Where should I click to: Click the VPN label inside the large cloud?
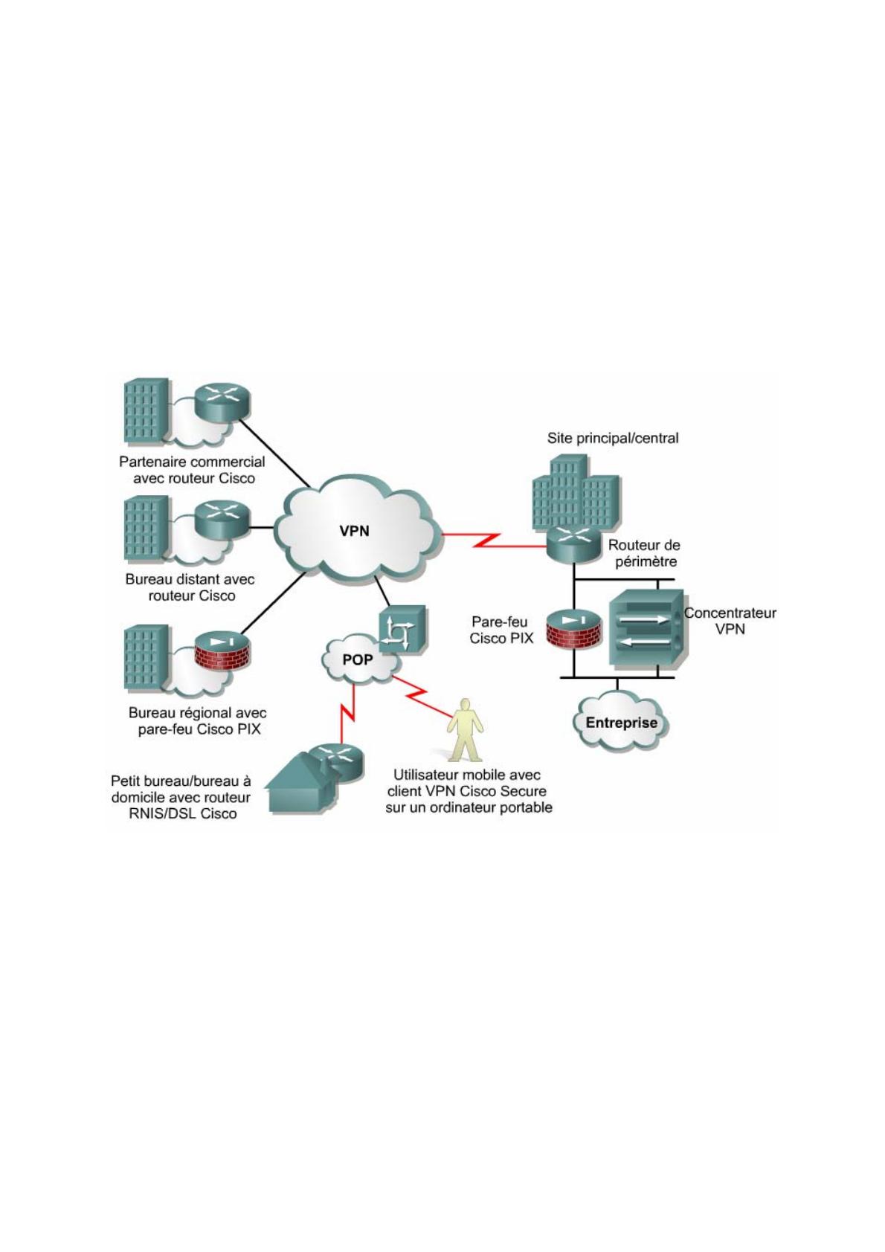coord(354,531)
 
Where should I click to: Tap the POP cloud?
coord(357,659)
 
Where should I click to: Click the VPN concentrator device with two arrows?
coord(645,628)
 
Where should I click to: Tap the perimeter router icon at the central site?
coord(573,543)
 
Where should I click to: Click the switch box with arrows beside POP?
coord(402,630)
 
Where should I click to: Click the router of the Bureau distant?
coord(222,517)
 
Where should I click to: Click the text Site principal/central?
coord(613,438)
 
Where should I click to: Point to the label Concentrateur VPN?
coord(730,621)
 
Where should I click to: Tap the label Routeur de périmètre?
coord(645,553)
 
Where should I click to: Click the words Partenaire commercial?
coord(192,462)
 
